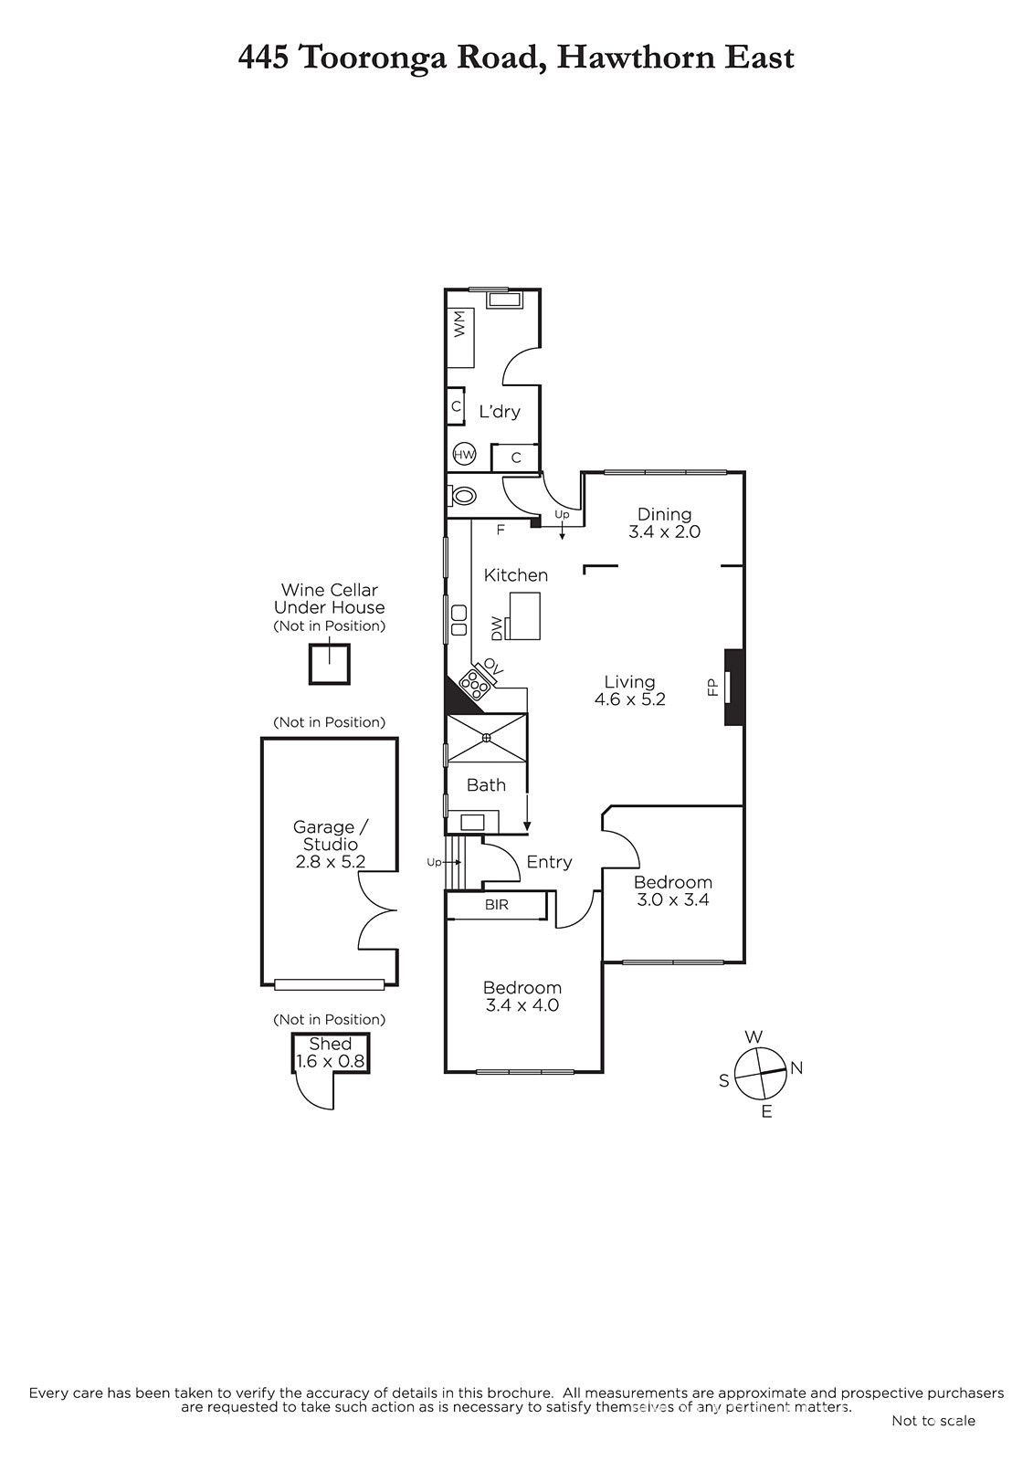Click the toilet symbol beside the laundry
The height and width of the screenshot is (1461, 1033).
(461, 497)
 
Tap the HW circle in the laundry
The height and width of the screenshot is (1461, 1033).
(464, 455)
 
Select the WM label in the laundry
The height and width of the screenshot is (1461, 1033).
(460, 324)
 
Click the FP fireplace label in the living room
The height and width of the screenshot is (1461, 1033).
(712, 687)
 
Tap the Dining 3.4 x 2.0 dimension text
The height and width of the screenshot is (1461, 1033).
(664, 523)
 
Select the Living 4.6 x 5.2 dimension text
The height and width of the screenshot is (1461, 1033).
(629, 690)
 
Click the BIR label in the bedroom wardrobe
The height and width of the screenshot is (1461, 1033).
(497, 905)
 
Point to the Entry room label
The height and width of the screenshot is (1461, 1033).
(549, 862)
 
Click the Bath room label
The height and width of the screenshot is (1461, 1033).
(486, 784)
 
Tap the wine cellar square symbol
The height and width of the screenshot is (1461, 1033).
(330, 664)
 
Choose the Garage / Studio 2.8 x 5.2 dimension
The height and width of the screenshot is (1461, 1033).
(331, 845)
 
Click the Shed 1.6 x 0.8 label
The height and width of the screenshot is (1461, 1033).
(331, 1053)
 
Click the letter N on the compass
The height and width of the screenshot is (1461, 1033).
(796, 1067)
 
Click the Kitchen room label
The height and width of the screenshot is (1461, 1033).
(515, 575)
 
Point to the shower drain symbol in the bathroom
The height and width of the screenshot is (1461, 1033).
(487, 738)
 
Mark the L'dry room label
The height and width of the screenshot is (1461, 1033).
(500, 412)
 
